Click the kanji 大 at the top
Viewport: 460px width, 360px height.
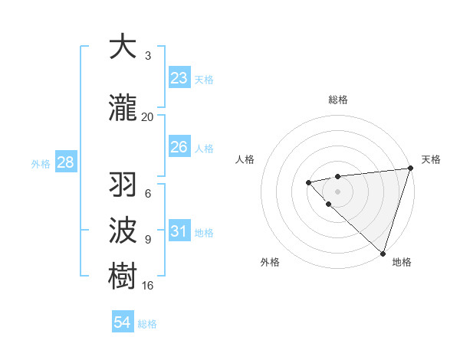click(123, 47)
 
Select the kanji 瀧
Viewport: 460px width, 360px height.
click(123, 109)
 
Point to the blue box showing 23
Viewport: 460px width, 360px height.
click(179, 78)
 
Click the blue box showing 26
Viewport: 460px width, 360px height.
click(179, 147)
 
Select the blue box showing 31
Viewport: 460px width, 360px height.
click(179, 231)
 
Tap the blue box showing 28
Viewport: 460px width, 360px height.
click(64, 162)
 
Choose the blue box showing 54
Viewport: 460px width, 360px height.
click(123, 322)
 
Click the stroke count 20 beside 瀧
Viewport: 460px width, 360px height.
click(147, 116)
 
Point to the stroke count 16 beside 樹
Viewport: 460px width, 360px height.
click(147, 285)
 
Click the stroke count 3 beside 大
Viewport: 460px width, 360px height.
click(148, 55)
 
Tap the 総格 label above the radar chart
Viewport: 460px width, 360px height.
click(337, 100)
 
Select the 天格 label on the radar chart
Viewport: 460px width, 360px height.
click(431, 159)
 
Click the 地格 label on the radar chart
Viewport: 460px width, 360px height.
click(402, 262)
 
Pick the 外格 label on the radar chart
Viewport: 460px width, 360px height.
click(270, 262)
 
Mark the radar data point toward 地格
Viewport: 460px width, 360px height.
click(383, 253)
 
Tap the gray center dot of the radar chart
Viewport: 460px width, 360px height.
click(337, 191)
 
